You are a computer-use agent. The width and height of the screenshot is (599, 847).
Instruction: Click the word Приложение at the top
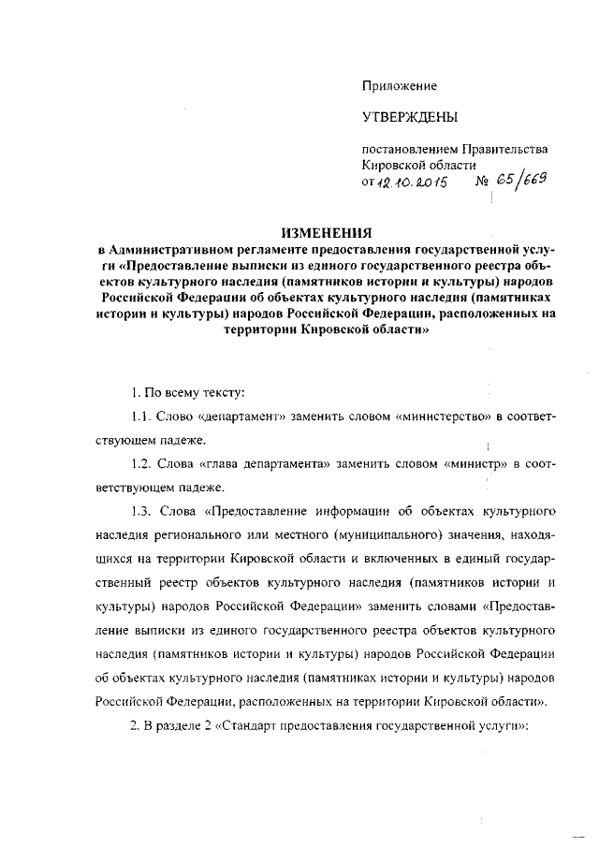coord(401,86)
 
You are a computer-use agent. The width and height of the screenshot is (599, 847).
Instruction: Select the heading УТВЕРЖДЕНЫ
coord(411,118)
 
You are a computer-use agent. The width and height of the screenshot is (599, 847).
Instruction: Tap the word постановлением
coord(407,149)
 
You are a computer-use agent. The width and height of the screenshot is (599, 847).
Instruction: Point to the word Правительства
coord(507,149)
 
